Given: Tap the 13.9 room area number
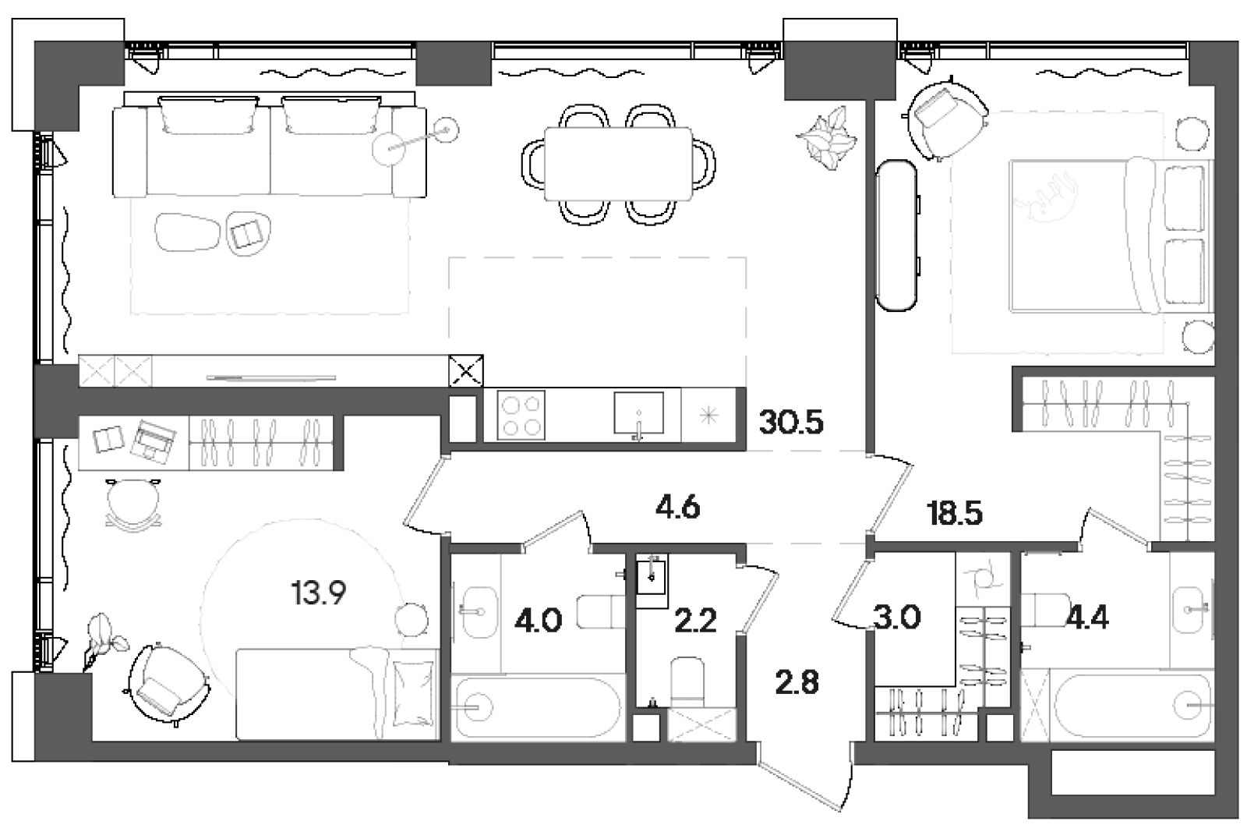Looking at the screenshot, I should click(x=318, y=594).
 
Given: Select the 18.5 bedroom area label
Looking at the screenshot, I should click(x=954, y=514).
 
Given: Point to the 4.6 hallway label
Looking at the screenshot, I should click(x=676, y=508).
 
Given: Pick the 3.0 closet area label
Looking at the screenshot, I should click(x=897, y=618).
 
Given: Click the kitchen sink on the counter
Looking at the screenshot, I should click(x=638, y=414).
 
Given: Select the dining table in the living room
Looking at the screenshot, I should click(x=618, y=164).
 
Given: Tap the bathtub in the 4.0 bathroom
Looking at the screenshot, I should click(x=538, y=707).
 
